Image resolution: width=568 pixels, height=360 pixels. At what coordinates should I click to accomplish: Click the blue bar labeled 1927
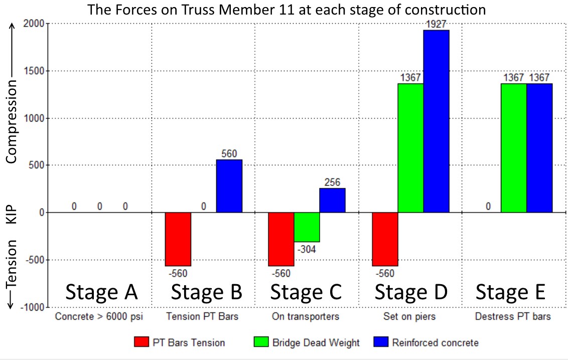pos(436,121)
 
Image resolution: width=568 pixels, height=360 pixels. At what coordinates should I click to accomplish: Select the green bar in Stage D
pos(410,148)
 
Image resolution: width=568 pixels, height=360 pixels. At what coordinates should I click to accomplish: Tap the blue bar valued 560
pos(229,186)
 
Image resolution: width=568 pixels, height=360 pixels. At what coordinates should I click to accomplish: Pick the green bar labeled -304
pos(307,227)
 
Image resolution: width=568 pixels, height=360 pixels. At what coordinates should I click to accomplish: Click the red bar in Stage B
pos(178,239)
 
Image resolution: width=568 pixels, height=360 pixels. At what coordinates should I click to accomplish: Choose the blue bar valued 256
pos(332,200)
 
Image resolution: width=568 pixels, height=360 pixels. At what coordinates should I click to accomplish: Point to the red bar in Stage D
pos(385,239)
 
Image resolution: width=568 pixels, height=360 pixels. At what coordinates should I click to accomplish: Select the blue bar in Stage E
pos(539,148)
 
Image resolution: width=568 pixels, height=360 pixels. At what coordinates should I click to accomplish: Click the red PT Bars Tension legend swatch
pos(142,342)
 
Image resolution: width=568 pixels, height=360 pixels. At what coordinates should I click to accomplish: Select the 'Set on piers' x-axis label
pos(410,317)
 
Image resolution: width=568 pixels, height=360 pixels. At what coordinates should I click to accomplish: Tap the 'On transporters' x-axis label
pos(306,317)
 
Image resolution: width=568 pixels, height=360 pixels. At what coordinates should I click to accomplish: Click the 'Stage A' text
pos(101,292)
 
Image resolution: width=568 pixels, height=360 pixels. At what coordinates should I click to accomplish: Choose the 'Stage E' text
pos(510,292)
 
